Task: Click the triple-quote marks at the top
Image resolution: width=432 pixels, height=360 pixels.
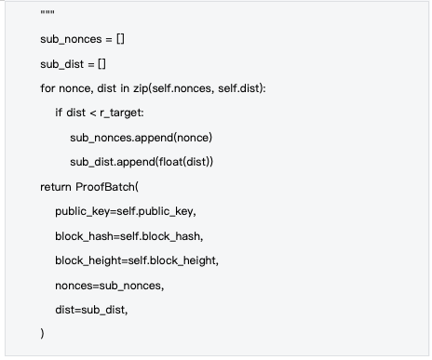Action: click(47, 14)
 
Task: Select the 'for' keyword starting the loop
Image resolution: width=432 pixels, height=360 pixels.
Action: click(47, 87)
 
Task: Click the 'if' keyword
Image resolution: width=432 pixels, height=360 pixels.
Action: click(60, 112)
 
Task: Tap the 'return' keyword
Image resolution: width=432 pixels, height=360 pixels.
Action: click(55, 186)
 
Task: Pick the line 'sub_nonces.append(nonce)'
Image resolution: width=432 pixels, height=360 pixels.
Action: click(142, 137)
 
